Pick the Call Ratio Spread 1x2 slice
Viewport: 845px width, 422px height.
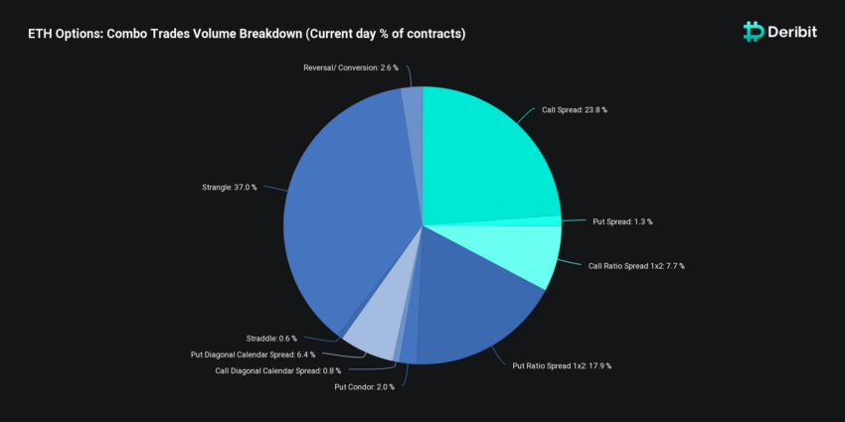517,250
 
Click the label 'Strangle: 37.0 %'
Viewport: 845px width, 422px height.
230,188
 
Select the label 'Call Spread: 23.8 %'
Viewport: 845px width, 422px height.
575,110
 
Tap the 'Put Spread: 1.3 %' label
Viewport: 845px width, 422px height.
622,221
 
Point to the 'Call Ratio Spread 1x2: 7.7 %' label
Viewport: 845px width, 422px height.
636,266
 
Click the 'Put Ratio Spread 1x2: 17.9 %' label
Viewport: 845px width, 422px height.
562,366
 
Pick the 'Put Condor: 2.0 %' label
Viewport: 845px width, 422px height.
364,387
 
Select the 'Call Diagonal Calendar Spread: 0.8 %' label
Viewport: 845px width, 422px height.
278,371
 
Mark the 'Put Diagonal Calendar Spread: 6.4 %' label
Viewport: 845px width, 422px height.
253,354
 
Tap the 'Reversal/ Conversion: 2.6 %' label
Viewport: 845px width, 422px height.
351,68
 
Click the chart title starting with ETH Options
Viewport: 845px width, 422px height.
247,34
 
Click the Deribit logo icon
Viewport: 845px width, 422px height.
754,32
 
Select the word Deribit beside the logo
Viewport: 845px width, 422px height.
792,33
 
